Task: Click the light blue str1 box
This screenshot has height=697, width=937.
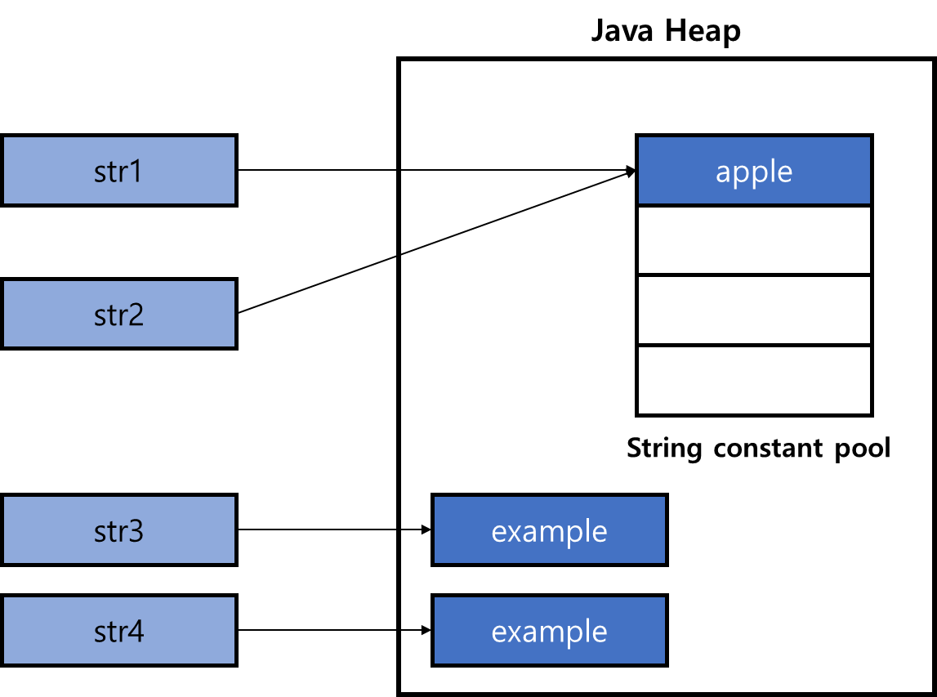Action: click(x=118, y=170)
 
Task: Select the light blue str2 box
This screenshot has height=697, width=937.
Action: click(x=118, y=314)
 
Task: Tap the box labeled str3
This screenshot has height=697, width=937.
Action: click(x=118, y=529)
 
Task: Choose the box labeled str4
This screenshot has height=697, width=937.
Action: click(x=118, y=630)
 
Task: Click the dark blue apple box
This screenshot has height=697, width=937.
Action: click(x=754, y=170)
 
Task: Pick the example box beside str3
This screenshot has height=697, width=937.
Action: click(x=549, y=529)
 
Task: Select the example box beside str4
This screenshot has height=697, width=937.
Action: click(x=549, y=630)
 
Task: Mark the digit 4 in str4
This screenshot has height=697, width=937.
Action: click(x=136, y=632)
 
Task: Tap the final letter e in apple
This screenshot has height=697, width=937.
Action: click(x=783, y=173)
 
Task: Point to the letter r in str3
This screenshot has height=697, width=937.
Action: click(x=123, y=533)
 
